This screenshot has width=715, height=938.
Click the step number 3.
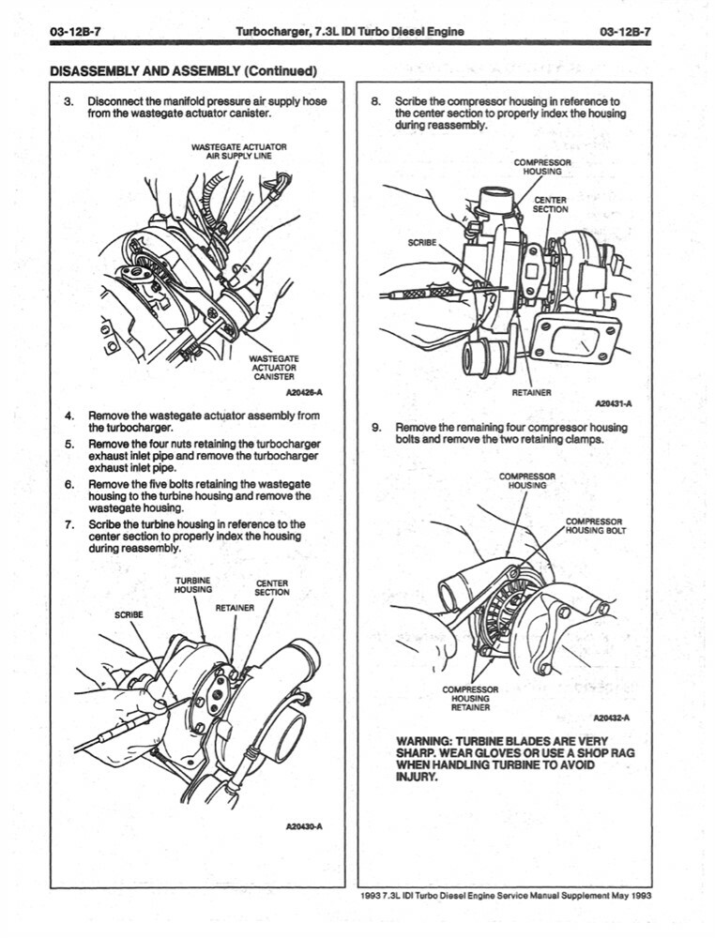pos(68,101)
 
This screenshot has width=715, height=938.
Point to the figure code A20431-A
pos(613,403)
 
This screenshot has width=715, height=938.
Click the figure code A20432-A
pos(612,719)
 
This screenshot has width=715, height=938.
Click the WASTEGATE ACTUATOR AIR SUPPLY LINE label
pos(238,152)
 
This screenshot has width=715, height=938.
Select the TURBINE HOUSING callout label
pos(192,585)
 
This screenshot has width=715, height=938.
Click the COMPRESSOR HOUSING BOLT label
pos(595,526)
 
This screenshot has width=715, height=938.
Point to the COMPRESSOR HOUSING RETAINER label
pos(469,698)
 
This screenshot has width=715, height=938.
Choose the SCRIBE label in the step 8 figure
pos(422,242)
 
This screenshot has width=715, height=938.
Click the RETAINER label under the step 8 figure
pos(530,391)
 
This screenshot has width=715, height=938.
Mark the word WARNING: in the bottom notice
pos(426,740)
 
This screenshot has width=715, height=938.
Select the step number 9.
pos(376,428)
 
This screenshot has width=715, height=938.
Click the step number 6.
pos(69,485)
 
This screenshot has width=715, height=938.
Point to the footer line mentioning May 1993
pos(505,895)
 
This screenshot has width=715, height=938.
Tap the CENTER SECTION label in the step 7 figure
pos(272,587)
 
